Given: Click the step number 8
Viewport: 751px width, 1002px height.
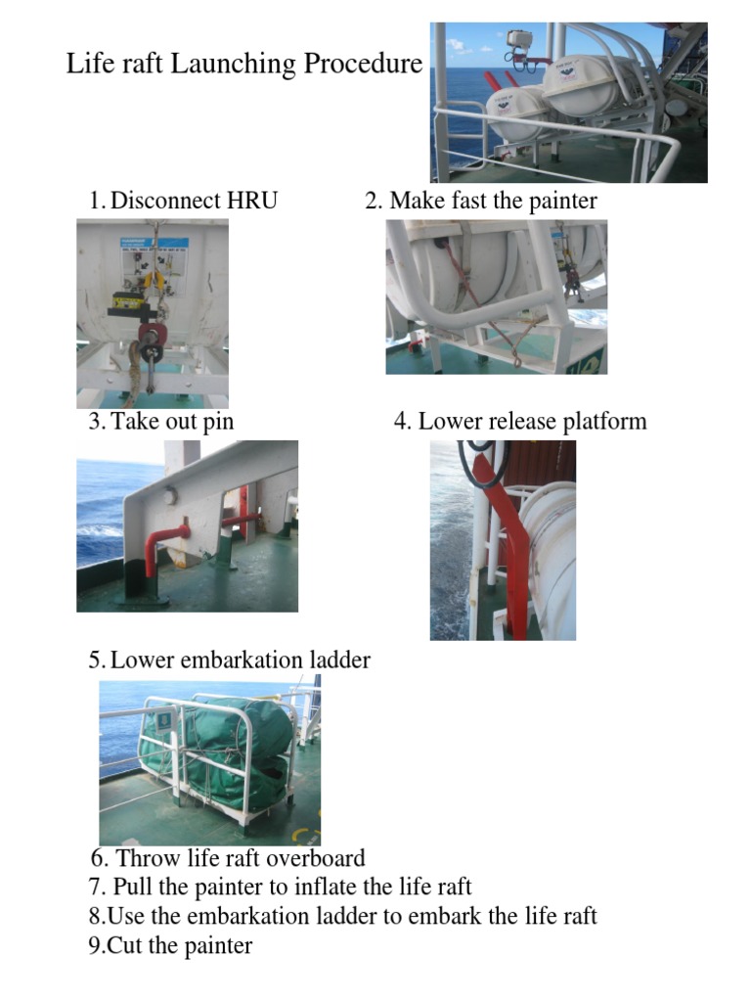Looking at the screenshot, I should (x=95, y=917).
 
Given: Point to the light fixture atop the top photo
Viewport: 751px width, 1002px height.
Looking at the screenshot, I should (x=518, y=40).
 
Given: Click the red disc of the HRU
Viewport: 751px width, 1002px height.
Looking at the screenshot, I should (x=152, y=334).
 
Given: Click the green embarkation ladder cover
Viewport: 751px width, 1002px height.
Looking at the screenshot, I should (x=240, y=749).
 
